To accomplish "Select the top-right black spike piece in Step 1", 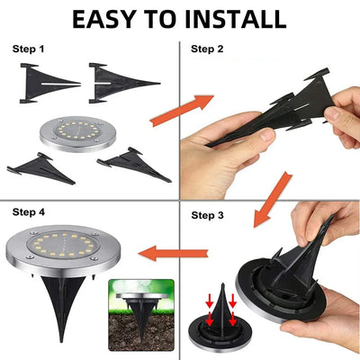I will coord(121,80).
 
